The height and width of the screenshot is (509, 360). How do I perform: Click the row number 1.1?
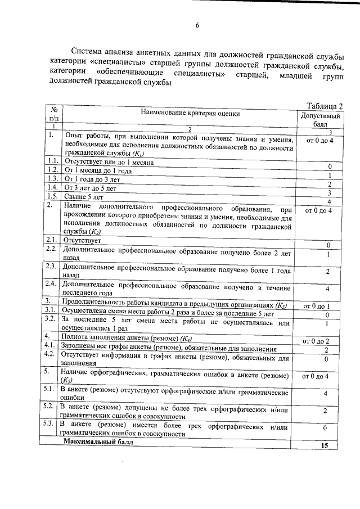53,161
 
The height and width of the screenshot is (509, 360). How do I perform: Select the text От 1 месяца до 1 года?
99,170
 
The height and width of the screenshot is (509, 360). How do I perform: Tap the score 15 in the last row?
325,445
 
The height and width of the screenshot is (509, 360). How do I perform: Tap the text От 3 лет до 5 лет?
91,188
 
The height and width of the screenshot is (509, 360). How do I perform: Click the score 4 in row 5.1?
326,394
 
